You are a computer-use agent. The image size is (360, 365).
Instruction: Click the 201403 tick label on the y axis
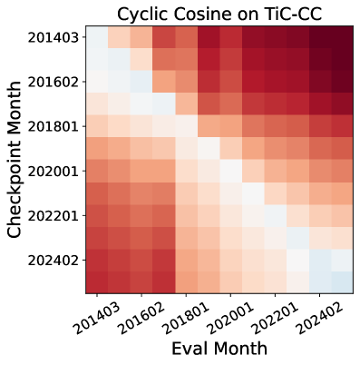[x=53, y=38]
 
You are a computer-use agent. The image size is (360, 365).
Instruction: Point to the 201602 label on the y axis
[x=53, y=83]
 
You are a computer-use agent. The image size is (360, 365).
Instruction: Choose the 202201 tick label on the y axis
[x=53, y=216]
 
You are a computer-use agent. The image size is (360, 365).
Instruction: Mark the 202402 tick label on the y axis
[x=53, y=261]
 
